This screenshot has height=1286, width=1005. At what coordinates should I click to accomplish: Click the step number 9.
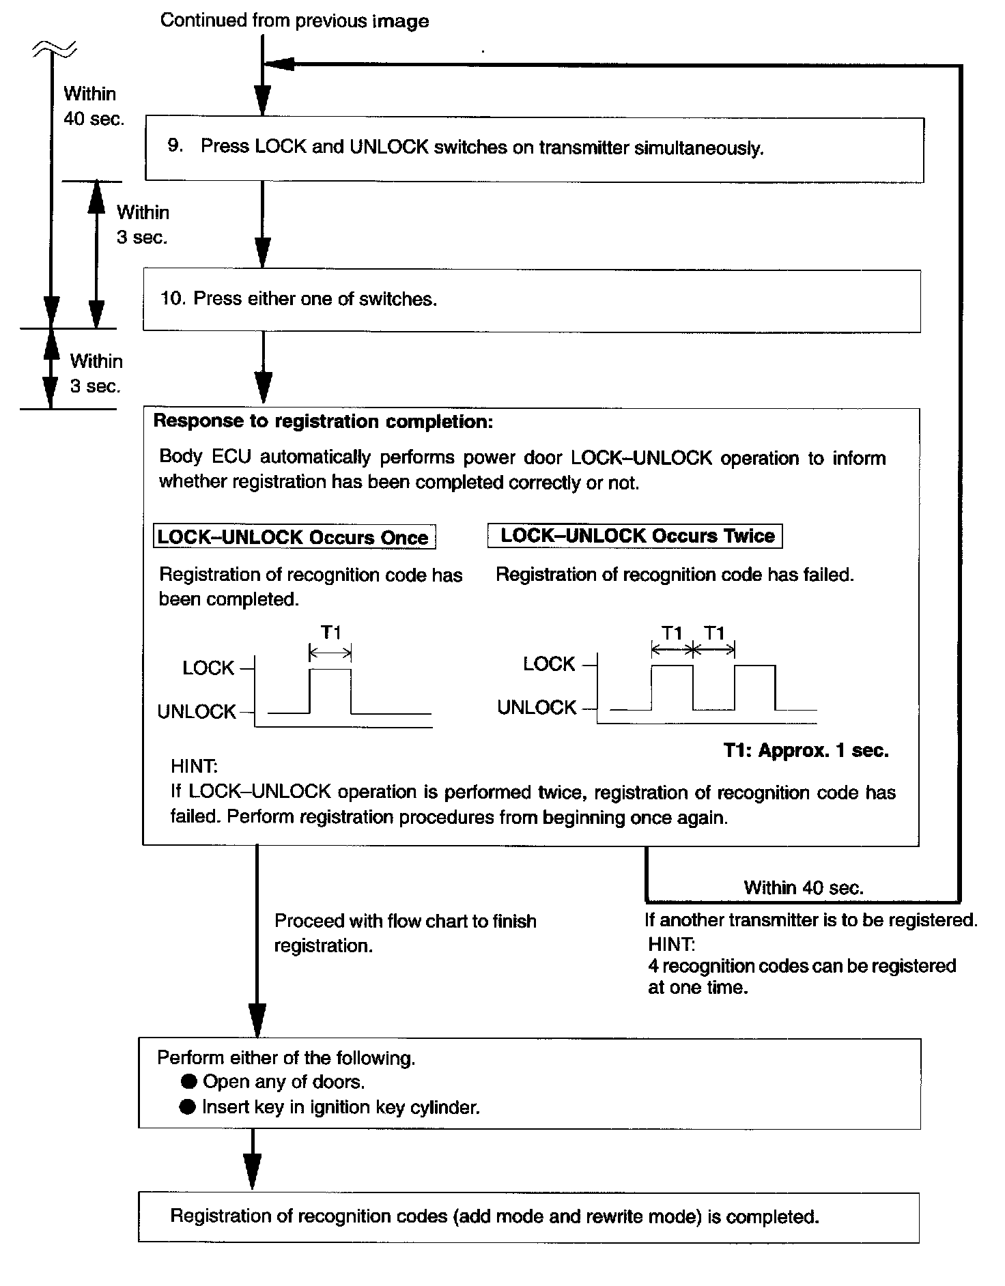(175, 145)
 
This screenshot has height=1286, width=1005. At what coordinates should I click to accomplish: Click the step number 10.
(173, 298)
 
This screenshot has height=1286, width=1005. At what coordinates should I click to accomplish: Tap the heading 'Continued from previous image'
(294, 20)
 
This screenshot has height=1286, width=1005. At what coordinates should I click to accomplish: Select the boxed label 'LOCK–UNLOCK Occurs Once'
(294, 537)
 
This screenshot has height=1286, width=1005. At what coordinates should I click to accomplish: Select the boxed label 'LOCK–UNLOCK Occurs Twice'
(635, 535)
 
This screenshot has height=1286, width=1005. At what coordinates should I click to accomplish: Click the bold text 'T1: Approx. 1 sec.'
(806, 751)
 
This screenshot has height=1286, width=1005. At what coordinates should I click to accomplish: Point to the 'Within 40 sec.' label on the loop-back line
(804, 887)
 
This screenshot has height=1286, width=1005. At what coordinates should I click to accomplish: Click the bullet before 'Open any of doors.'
(188, 1081)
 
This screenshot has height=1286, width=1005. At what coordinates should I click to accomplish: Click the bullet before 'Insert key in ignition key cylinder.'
(188, 1106)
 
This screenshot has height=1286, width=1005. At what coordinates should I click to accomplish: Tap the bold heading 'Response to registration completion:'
(323, 421)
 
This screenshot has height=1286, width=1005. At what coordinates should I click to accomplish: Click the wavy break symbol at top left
(53, 48)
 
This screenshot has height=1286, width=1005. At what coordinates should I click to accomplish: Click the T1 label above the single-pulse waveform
(331, 633)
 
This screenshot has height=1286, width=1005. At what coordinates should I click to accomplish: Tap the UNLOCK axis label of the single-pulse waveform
(197, 711)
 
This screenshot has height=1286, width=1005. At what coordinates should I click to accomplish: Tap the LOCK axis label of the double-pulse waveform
(549, 663)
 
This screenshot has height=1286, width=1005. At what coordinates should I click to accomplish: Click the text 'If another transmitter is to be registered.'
(811, 919)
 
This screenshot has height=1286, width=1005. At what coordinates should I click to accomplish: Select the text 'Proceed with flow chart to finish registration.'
(405, 933)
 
